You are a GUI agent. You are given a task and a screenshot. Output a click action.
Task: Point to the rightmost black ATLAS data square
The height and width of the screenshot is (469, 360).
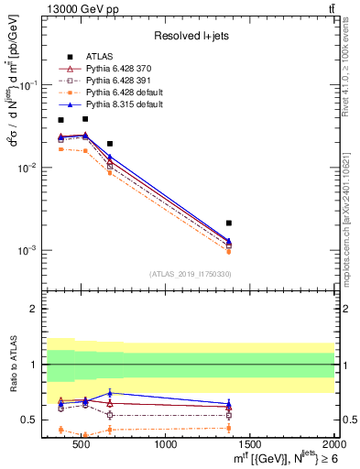click(229, 223)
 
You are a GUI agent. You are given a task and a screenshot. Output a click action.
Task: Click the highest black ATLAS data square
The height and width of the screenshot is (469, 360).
click(85, 118)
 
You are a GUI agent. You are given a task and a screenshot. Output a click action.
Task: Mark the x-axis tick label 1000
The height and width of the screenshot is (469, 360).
click(167, 444)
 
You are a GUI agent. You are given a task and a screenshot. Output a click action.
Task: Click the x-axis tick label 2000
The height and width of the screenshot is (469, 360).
click(333, 444)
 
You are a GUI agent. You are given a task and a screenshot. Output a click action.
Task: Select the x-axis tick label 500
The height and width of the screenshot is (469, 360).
click(82, 444)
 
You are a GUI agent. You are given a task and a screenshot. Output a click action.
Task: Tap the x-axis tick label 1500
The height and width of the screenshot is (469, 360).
click(250, 444)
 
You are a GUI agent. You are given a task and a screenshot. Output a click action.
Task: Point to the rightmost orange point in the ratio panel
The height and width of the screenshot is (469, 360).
click(229, 428)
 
